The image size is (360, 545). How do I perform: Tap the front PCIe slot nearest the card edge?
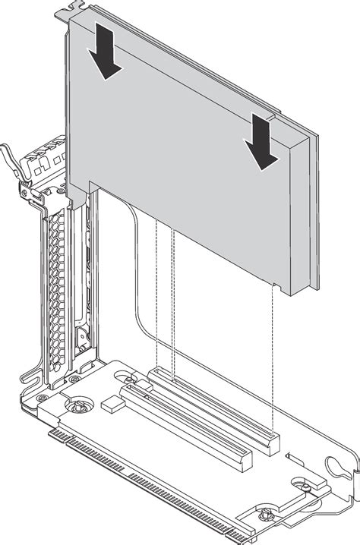pos(187,425)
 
